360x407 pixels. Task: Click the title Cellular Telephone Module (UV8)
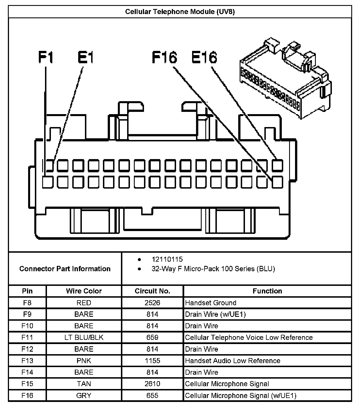[x=180, y=12]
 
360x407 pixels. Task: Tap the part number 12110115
[x=167, y=259]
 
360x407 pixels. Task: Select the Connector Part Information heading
[x=65, y=269]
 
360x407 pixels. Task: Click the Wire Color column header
[x=84, y=291]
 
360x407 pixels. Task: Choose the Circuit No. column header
[x=152, y=291]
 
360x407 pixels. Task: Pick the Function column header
[x=267, y=291]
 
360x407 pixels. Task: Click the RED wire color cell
[x=84, y=303]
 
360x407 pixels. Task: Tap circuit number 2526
[x=152, y=303]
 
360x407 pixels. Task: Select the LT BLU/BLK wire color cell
[x=84, y=337]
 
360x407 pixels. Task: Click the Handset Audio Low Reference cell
[x=233, y=361]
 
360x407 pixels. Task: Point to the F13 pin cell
[x=27, y=361]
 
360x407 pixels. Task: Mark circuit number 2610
[x=152, y=384]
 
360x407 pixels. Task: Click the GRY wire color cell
[x=84, y=395]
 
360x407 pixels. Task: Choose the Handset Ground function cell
[x=211, y=303]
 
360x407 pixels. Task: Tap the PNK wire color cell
[x=84, y=361]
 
